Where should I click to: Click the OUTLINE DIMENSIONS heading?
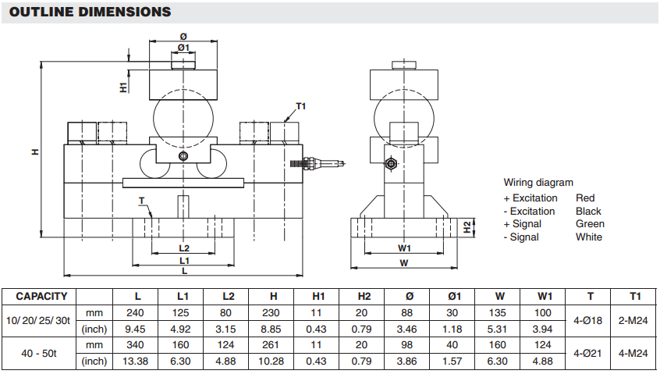pos(92,12)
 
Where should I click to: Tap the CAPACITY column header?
pos(41,297)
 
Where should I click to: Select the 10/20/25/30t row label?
pos(38,320)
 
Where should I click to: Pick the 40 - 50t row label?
pos(38,352)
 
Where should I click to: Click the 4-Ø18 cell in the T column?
pos(590,320)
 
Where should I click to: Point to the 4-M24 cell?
pos(635,352)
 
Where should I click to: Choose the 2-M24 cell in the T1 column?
pos(635,320)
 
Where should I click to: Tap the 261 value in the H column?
pos(273,344)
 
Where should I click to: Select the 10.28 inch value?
pos(273,361)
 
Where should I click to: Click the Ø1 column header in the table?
pos(455,297)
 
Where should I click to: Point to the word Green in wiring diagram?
pos(589,224)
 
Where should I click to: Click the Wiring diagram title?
pos(538,183)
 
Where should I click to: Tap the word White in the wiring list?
pos(589,237)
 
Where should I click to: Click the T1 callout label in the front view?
pos(301,106)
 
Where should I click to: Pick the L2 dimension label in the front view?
pos(183,248)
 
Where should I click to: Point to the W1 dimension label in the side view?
pos(404,248)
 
